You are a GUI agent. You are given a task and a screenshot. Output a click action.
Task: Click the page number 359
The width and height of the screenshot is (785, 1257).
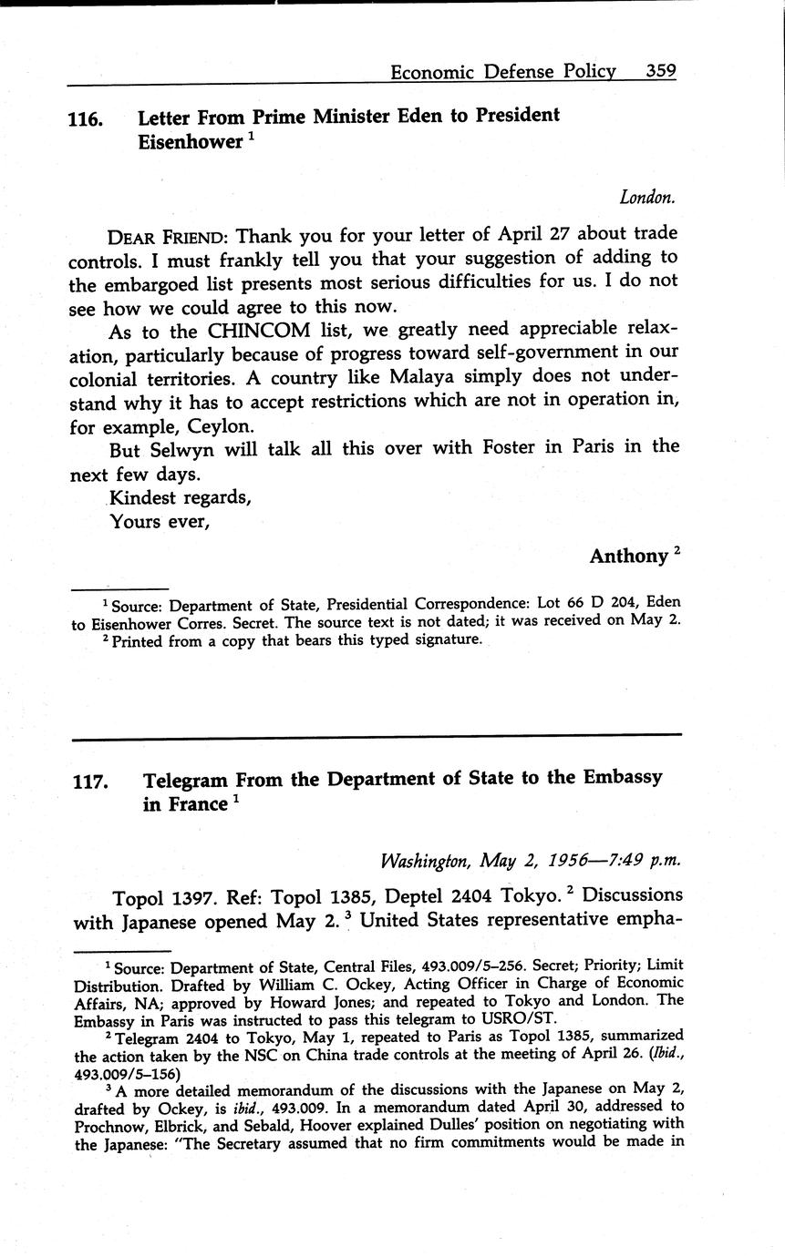click(661, 71)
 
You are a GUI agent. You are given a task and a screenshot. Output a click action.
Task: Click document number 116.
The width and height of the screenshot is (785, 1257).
click(84, 118)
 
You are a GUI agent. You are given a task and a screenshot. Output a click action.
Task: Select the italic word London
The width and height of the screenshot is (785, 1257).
click(647, 197)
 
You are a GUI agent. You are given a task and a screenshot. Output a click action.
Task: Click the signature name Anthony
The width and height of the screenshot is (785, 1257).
click(628, 556)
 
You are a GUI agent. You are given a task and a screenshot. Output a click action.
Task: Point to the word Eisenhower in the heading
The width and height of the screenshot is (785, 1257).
click(190, 142)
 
